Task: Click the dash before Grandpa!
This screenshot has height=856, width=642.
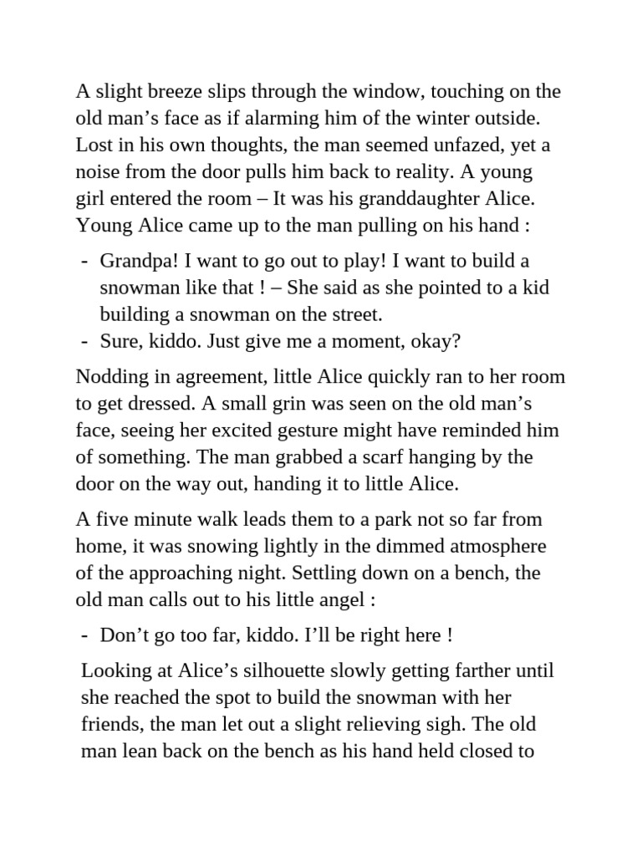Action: coord(85,261)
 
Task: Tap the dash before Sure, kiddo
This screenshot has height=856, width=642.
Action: coord(85,341)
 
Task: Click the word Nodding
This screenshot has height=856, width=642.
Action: coord(106,377)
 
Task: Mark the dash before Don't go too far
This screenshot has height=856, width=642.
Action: coord(85,635)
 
